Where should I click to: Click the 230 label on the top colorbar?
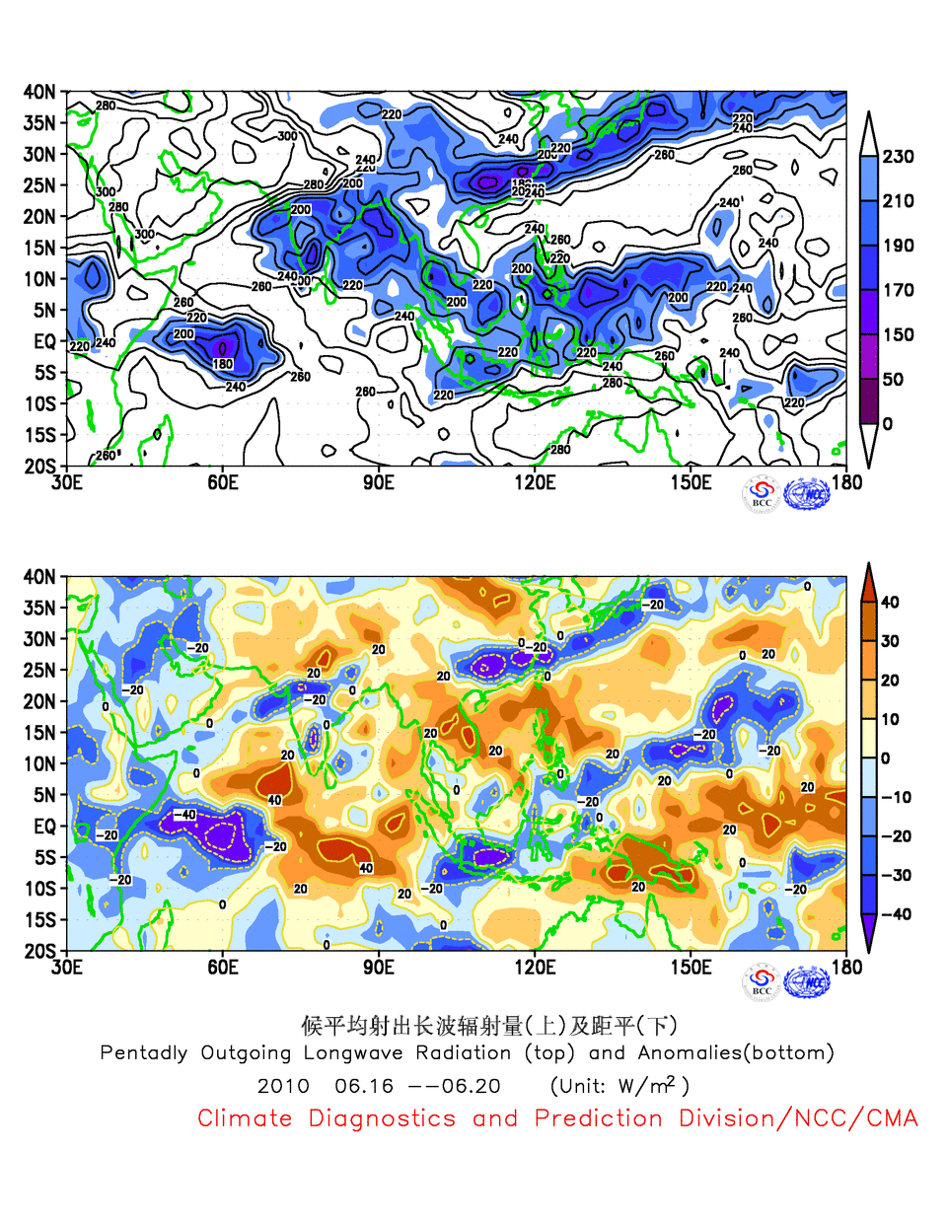(x=898, y=156)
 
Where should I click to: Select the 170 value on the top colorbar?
(x=898, y=290)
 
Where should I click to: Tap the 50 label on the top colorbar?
(x=892, y=379)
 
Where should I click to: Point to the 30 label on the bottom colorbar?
(x=890, y=641)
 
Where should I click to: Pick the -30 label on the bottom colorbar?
(x=896, y=875)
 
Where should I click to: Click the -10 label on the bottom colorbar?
(x=896, y=797)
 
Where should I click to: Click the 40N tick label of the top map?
(x=39, y=92)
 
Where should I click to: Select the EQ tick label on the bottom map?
(x=44, y=826)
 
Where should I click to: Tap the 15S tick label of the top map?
(x=39, y=434)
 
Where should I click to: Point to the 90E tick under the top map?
(x=378, y=482)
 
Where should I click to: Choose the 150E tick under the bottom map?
(x=691, y=967)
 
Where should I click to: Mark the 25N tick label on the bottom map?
(x=39, y=670)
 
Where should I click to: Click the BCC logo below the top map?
(x=761, y=494)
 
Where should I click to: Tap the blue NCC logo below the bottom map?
(x=807, y=982)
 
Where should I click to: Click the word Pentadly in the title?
(x=144, y=1053)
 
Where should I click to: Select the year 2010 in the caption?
(x=283, y=1086)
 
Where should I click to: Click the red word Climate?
(x=245, y=1118)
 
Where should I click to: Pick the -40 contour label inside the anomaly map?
(x=184, y=815)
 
